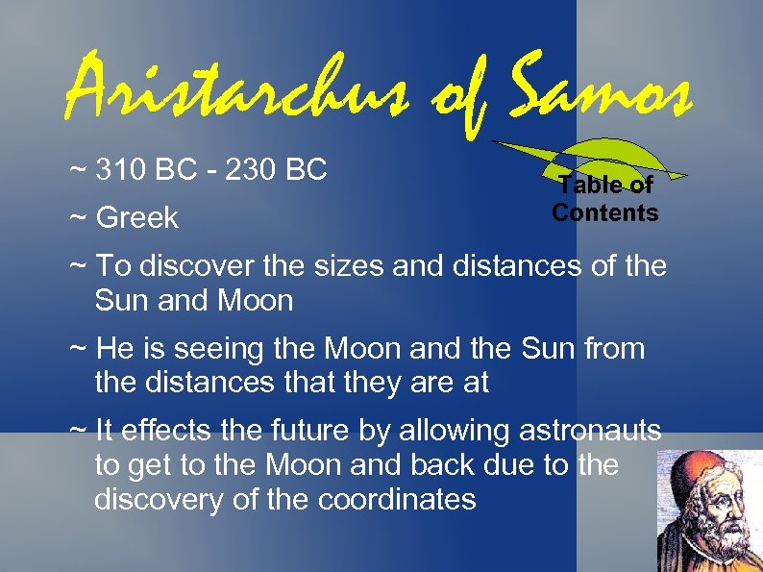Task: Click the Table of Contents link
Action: tap(604, 199)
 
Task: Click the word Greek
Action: tap(136, 218)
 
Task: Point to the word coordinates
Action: tap(396, 500)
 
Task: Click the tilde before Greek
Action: tap(77, 218)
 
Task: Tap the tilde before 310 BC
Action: tap(77, 170)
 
